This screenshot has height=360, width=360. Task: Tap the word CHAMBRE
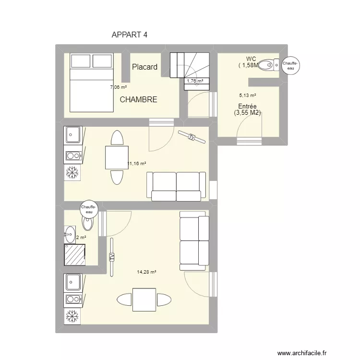138,100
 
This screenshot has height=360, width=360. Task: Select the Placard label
144,67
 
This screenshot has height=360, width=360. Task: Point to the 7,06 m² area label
119,87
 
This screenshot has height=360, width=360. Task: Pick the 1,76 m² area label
195,81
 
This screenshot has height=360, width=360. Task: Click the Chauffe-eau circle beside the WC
290,65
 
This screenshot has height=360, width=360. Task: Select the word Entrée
247,106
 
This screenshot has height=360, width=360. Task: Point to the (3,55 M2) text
247,113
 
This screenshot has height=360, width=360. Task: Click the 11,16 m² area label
137,163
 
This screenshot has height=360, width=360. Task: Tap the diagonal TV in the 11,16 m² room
192,137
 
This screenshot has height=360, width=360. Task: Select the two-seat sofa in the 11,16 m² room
176,186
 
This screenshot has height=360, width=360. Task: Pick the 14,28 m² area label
146,272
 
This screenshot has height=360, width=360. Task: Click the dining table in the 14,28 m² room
144,300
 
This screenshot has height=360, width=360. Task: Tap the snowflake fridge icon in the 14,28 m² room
72,317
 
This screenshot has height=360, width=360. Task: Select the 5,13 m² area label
247,96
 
